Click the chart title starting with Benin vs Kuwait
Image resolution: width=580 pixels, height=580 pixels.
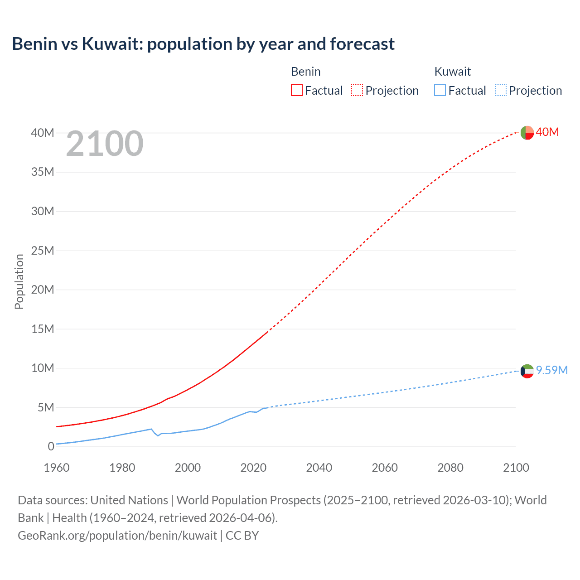point(203,44)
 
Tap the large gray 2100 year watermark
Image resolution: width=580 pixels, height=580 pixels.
point(105,144)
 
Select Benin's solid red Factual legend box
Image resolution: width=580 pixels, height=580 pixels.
point(296,91)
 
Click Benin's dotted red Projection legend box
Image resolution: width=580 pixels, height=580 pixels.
point(357,91)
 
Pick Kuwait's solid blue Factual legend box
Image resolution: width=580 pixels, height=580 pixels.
point(440,91)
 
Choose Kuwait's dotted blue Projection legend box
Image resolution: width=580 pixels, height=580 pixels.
point(500,91)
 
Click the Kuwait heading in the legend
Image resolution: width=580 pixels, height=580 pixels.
point(452,72)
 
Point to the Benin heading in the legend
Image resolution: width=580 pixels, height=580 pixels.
point(305,72)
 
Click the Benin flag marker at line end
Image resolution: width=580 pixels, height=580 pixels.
point(527,133)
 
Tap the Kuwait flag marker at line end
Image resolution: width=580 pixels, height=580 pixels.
point(527,371)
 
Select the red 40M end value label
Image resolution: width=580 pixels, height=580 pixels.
point(547,132)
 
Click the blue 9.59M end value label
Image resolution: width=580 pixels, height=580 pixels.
point(551,370)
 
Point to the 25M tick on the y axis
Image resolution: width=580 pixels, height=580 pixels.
point(43,251)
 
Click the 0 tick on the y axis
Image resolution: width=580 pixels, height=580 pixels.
point(51,446)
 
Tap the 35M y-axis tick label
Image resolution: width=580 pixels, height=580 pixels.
point(43,172)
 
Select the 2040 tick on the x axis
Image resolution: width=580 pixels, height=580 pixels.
point(319,468)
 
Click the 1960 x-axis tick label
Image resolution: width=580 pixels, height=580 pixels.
point(57,468)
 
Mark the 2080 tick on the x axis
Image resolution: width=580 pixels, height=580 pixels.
point(450,468)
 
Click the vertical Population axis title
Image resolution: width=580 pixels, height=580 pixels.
point(19,281)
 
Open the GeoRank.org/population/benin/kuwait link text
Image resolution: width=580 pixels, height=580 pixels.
point(117,536)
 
